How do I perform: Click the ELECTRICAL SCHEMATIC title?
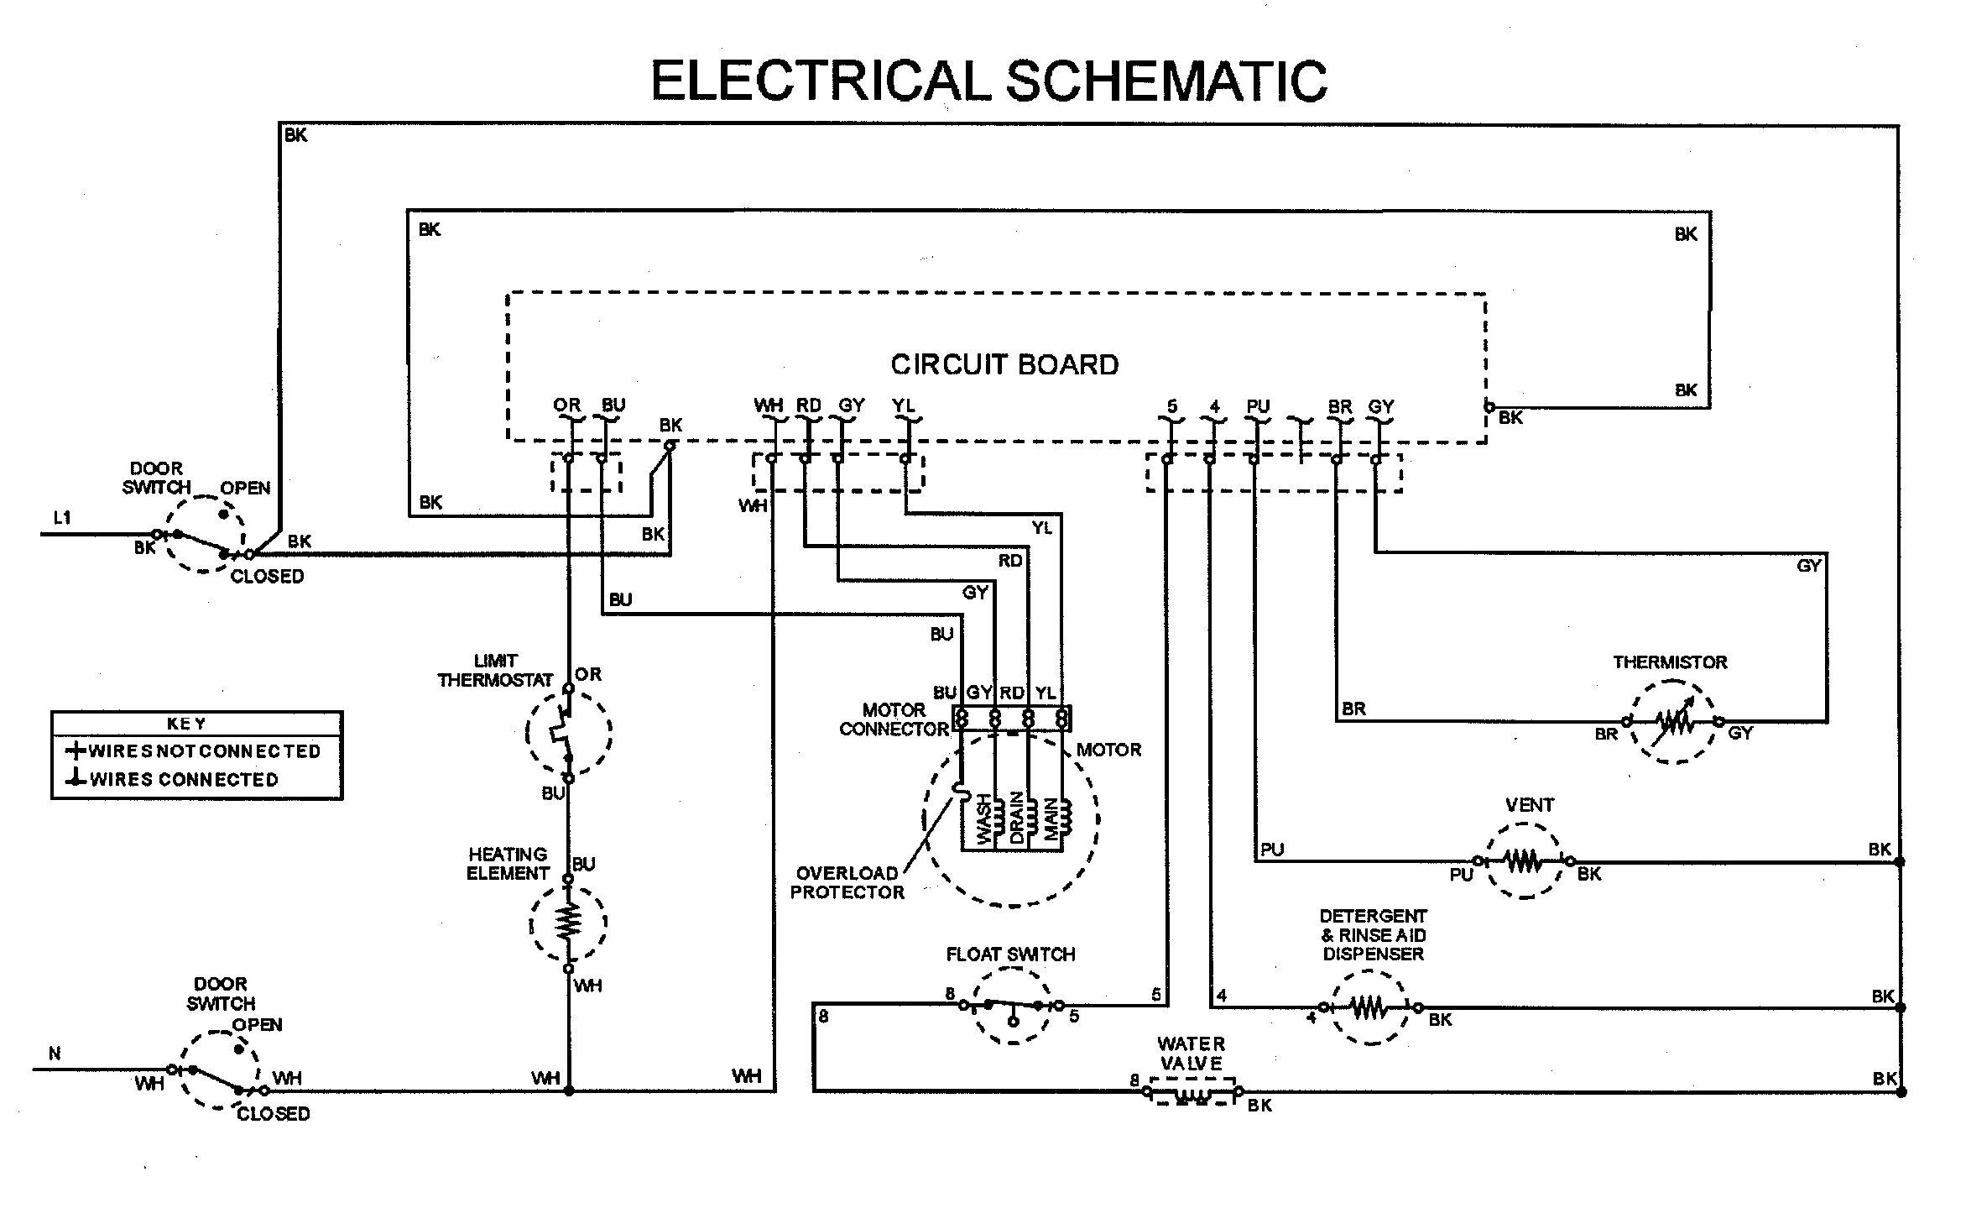[x=988, y=81]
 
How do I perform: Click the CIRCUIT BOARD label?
[x=1004, y=364]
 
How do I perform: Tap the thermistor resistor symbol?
[x=1672, y=721]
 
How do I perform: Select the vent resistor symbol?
[x=1523, y=860]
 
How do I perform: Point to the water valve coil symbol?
[x=1192, y=1094]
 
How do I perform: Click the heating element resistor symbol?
[x=568, y=921]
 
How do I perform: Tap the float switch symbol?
[x=1012, y=1006]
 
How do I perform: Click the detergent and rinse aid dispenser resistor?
[x=1370, y=1007]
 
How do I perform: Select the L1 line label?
[x=62, y=518]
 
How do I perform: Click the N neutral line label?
[x=55, y=1054]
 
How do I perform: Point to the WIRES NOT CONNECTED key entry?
[x=195, y=751]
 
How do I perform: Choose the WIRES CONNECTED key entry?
[x=174, y=780]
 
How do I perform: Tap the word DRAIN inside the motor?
[x=1016, y=818]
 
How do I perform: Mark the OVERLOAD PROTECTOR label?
[x=847, y=882]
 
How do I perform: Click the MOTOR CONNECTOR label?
[x=894, y=719]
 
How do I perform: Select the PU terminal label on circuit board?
[x=1257, y=406]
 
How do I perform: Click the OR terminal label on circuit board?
[x=566, y=405]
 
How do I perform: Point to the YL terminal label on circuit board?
[x=903, y=405]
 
